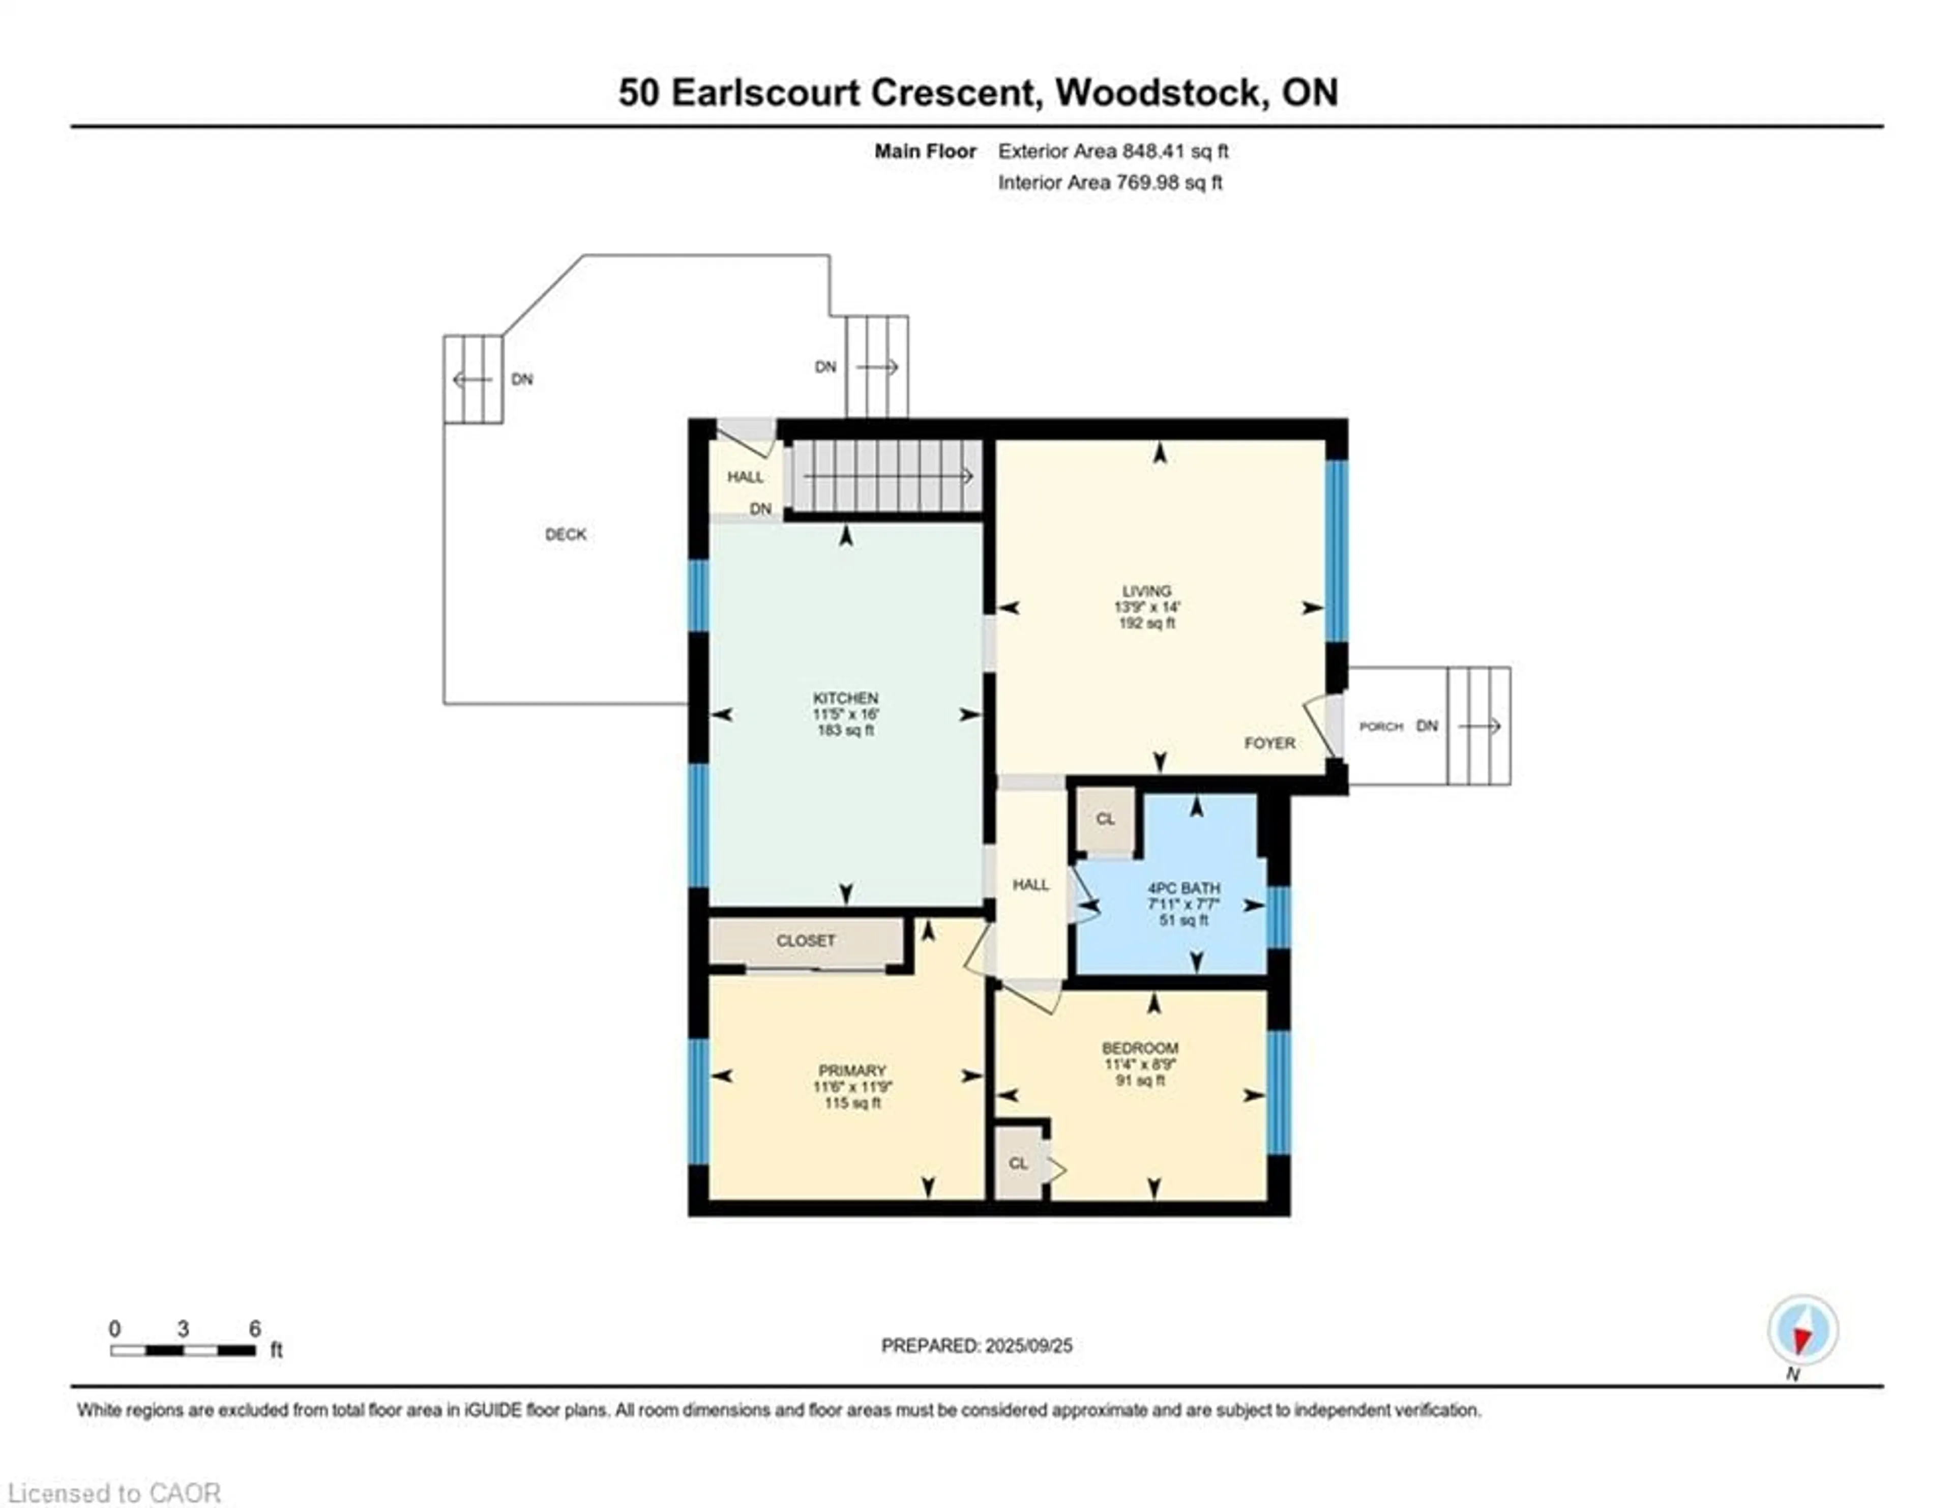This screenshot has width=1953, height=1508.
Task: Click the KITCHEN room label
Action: (x=845, y=698)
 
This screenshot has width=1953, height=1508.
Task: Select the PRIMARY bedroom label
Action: (x=851, y=1070)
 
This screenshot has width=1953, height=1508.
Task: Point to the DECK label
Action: (x=565, y=535)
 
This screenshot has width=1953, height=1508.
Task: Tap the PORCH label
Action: (x=1381, y=727)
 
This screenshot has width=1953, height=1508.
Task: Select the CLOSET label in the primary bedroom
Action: (x=806, y=941)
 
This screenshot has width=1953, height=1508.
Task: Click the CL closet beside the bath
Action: (x=1105, y=819)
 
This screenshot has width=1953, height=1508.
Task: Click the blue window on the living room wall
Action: (x=1335, y=550)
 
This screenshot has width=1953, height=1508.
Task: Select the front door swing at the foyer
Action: (x=1319, y=724)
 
